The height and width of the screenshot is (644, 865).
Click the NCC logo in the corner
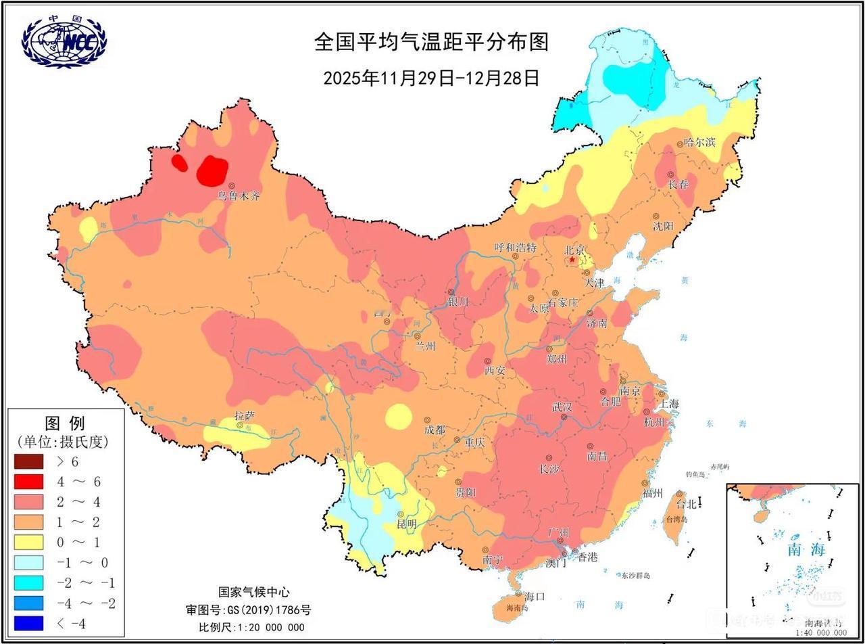click(64, 41)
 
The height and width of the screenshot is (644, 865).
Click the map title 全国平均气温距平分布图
click(431, 42)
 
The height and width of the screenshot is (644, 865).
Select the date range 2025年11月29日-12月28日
click(431, 78)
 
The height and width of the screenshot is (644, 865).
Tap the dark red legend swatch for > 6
click(28, 462)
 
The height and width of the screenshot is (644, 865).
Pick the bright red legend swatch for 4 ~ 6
click(28, 482)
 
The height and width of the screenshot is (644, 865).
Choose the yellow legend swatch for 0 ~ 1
click(28, 543)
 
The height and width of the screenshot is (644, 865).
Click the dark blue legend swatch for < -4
click(28, 623)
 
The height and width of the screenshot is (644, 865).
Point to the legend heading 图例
click(65, 423)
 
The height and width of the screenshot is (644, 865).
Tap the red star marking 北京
click(572, 259)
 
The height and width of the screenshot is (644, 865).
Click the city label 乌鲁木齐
click(238, 196)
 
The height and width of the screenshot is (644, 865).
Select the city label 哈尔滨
click(699, 142)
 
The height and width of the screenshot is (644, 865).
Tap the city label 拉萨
click(245, 416)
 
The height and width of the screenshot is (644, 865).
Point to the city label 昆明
click(407, 524)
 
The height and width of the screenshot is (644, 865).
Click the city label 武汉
click(562, 407)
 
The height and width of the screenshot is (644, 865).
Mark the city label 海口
click(535, 596)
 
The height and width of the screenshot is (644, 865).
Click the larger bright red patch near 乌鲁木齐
click(212, 170)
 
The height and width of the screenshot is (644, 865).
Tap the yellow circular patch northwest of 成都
click(399, 417)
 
